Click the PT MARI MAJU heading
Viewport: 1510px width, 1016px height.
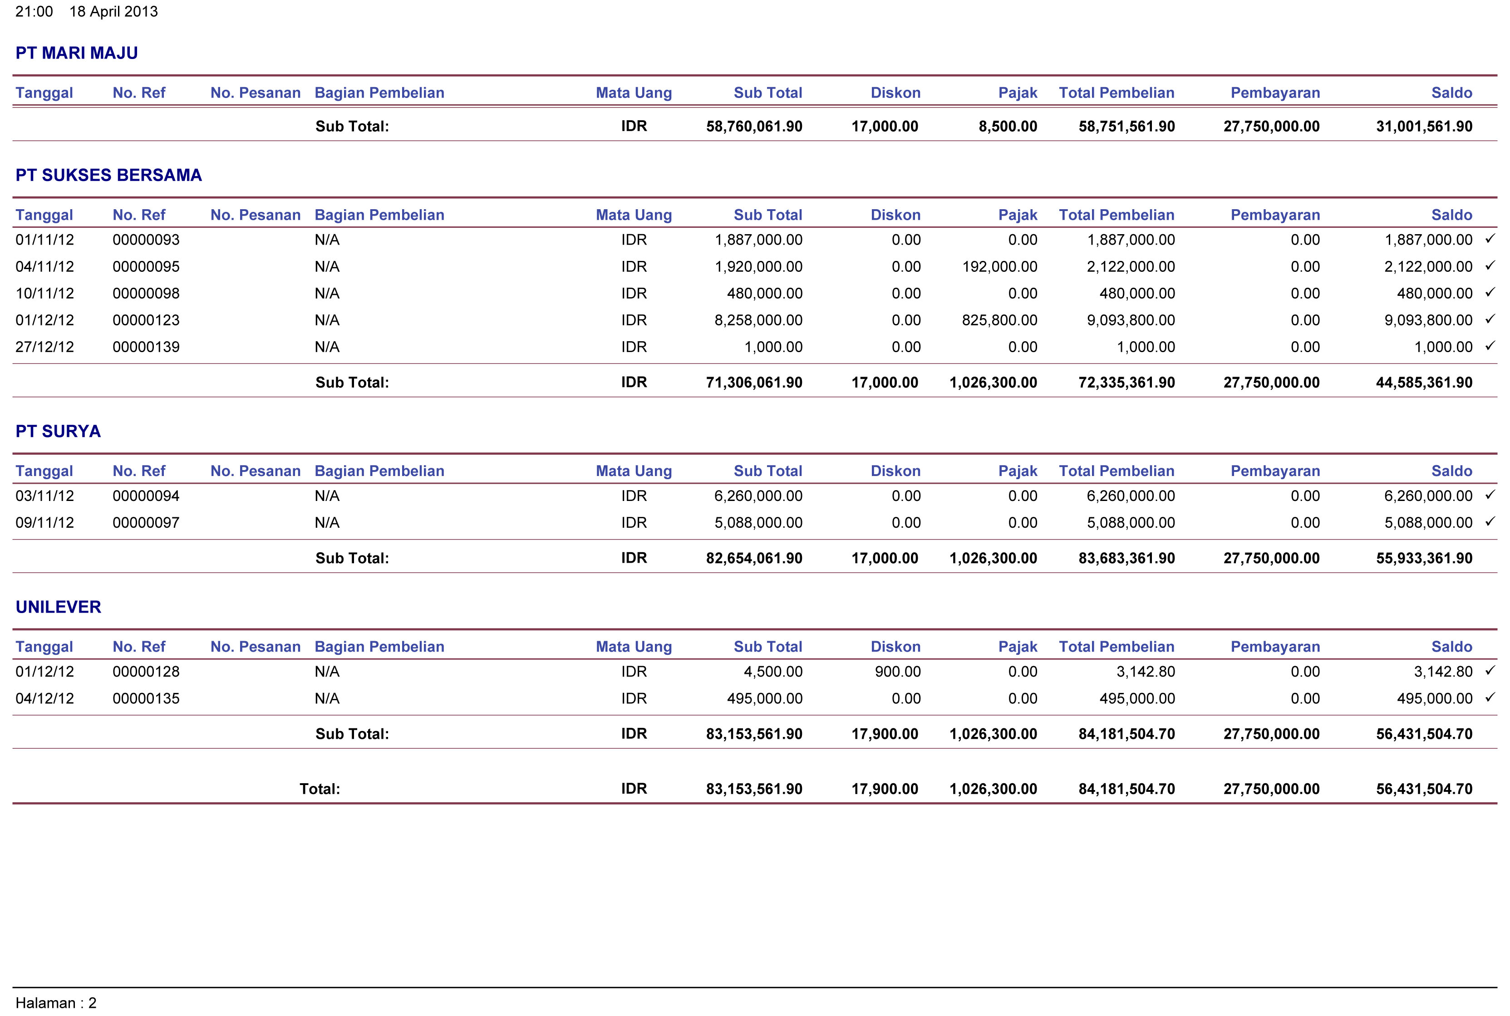76,53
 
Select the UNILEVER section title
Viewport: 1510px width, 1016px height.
59,607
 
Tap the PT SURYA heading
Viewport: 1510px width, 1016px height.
59,432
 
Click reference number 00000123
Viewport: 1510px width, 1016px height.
146,320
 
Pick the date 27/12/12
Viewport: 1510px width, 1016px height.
45,347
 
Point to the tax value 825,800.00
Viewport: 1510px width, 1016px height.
999,320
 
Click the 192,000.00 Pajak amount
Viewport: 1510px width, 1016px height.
999,266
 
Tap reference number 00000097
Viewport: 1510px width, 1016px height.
146,523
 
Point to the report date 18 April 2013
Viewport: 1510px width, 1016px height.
113,12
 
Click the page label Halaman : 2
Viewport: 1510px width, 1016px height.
56,1003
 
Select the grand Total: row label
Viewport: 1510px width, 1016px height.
320,789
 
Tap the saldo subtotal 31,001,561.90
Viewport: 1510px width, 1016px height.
1425,126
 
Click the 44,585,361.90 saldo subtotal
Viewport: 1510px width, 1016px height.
1425,382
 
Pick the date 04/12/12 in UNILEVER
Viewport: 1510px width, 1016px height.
45,698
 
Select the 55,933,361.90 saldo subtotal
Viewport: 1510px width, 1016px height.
1425,558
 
